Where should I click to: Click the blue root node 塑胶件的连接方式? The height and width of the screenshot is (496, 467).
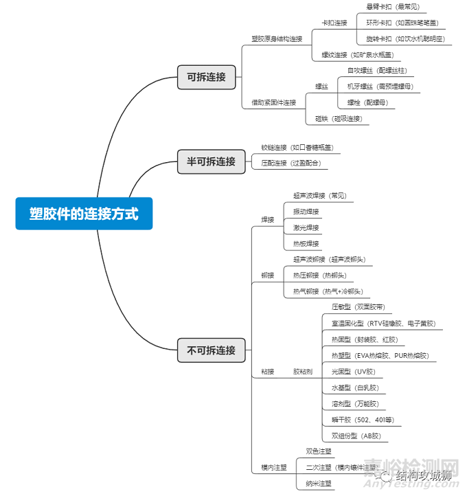[84, 214]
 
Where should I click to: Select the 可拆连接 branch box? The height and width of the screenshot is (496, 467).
[206, 77]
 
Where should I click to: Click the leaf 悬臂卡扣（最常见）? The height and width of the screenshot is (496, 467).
[392, 7]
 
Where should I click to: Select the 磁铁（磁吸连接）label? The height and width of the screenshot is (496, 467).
[338, 118]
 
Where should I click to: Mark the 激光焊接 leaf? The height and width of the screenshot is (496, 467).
[306, 227]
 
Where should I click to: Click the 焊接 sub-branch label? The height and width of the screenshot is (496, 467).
[267, 220]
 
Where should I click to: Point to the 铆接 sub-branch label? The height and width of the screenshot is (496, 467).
[267, 275]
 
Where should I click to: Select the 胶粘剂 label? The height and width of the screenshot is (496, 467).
[302, 372]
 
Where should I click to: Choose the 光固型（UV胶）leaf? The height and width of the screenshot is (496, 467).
[354, 372]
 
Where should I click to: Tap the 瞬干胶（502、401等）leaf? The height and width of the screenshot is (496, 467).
[363, 420]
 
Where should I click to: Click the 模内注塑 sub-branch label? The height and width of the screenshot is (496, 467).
[273, 468]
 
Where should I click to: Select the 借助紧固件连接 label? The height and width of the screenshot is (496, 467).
[273, 102]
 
